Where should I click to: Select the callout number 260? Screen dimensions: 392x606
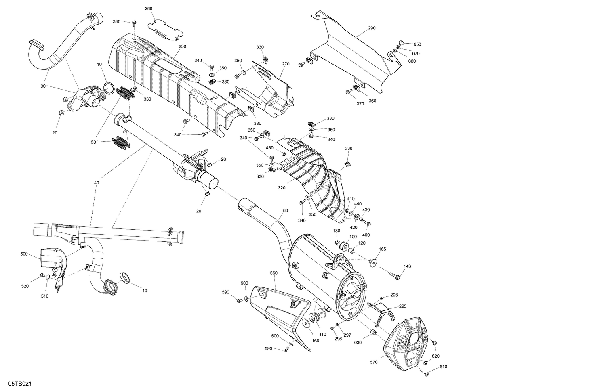149,8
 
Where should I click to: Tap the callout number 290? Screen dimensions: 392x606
372,28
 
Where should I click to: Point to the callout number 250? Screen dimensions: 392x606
182,46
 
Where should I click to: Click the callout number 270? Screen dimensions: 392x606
286,64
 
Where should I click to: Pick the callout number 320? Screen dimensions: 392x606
281,188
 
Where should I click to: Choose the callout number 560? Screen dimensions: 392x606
274,273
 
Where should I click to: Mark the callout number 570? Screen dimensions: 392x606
373,362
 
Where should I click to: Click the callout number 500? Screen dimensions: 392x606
24,254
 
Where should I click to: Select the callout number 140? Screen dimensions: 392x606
407,266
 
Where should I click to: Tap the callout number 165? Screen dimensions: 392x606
382,249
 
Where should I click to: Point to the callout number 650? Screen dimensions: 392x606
417,44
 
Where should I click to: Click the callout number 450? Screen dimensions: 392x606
269,148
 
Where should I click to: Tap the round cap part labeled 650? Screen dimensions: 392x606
401,42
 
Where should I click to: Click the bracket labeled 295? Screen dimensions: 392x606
384,313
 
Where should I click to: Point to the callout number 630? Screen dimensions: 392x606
358,342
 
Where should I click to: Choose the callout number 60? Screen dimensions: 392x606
285,210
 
